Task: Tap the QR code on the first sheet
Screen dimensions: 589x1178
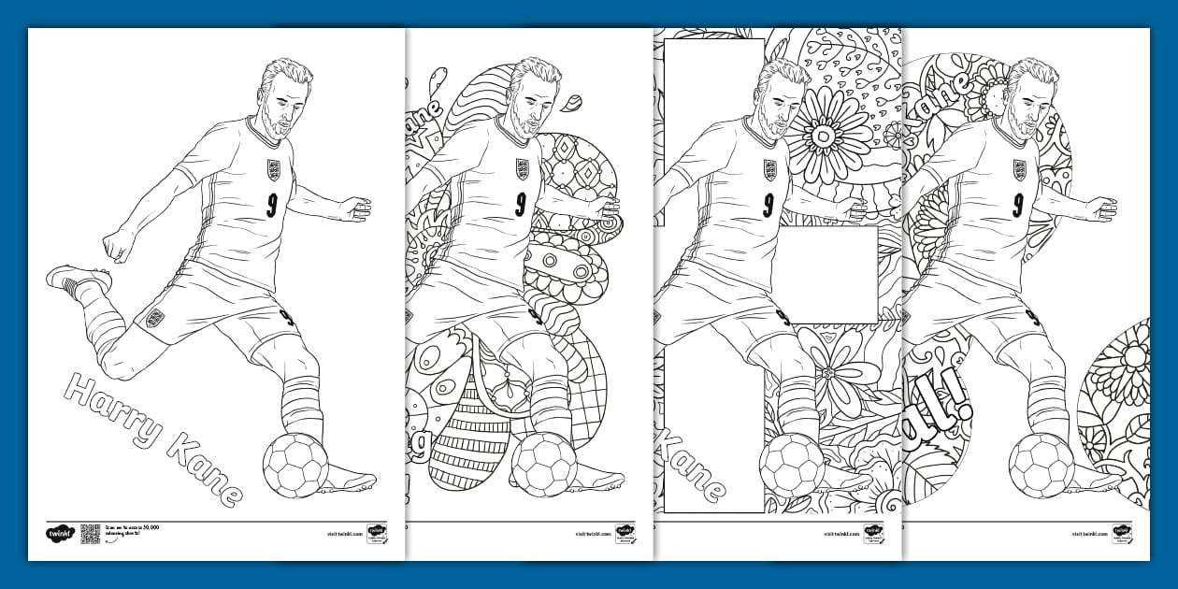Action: pos(91,534)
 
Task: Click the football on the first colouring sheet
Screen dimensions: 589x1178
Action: pos(295,464)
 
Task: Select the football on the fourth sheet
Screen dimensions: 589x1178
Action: pos(1041,464)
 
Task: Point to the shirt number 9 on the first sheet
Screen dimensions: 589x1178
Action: pos(271,204)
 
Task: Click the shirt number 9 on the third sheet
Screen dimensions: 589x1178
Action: pos(769,204)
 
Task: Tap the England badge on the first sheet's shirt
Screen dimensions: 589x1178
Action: pos(273,169)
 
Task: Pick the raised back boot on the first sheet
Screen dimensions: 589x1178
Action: pos(77,278)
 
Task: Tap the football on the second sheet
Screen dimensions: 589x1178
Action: pos(543,464)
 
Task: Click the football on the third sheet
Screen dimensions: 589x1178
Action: pos(792,464)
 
